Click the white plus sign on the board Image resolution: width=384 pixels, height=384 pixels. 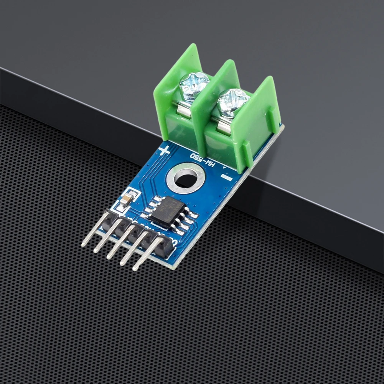[164, 150]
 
